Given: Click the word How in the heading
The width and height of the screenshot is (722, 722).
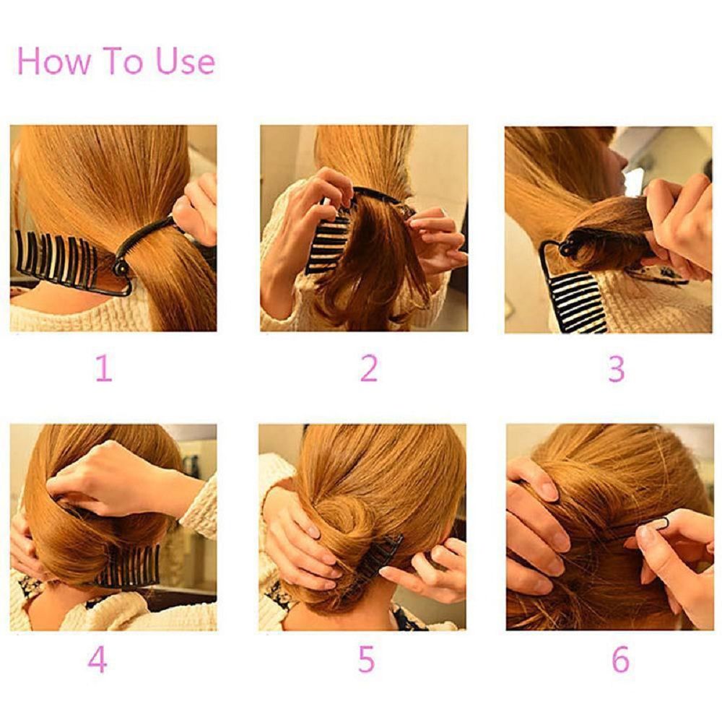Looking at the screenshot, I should [54, 61].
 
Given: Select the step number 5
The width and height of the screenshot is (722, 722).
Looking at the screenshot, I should [367, 660].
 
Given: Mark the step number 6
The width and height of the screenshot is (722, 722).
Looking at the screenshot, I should [620, 660].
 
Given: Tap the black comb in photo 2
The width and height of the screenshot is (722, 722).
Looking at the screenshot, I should [329, 235].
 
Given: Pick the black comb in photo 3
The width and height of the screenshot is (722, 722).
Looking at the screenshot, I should [578, 296].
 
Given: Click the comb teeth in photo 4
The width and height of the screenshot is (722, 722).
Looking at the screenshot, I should [130, 567].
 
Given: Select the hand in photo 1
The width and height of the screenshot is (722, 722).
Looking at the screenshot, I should [195, 209].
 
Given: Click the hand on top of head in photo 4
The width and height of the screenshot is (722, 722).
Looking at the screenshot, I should [108, 477].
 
